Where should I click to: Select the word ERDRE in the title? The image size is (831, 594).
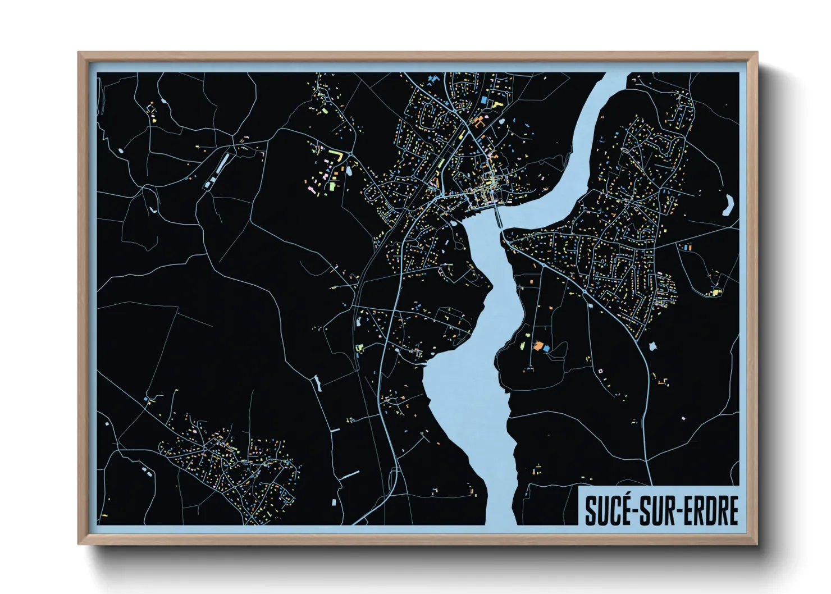(x=710, y=510)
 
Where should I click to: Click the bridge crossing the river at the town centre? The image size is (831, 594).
(x=498, y=216)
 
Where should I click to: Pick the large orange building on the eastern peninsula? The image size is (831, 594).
(x=538, y=346)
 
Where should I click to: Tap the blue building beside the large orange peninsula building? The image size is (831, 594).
(x=546, y=349)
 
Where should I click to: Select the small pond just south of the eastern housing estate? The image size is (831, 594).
(x=652, y=346)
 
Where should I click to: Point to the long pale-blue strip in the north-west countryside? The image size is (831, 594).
(x=222, y=163)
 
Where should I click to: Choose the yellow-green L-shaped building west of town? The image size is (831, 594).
(x=336, y=153)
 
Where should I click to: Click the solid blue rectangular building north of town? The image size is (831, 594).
(x=483, y=99)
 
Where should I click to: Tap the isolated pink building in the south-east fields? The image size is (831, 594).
(x=683, y=418)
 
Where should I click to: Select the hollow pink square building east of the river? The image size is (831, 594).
(x=600, y=371)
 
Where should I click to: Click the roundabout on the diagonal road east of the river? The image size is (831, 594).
(x=586, y=291)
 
